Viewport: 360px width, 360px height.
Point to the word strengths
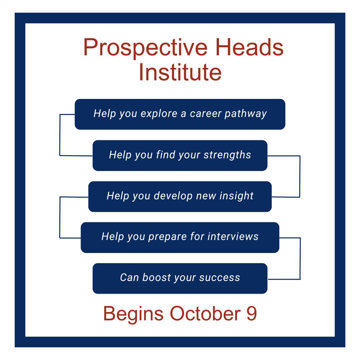[x=227, y=155]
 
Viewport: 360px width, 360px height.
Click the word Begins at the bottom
[x=133, y=314]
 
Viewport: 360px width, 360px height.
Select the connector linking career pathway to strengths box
[x=60, y=135]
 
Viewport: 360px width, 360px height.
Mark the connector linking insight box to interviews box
[x=60, y=217]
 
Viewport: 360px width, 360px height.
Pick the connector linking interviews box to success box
[x=300, y=258]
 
